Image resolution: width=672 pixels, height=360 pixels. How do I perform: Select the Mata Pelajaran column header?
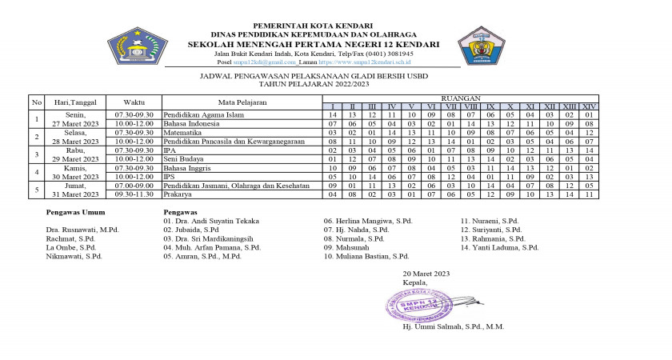[x=242, y=102]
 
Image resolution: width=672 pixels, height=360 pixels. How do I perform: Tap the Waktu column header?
[x=134, y=102]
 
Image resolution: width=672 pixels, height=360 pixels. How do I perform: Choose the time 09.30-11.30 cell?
[x=134, y=194]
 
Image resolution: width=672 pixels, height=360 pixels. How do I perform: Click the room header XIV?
[x=589, y=106]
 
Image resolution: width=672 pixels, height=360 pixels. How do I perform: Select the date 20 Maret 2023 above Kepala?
[x=426, y=274]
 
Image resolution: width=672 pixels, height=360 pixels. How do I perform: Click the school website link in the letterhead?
[x=364, y=61]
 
